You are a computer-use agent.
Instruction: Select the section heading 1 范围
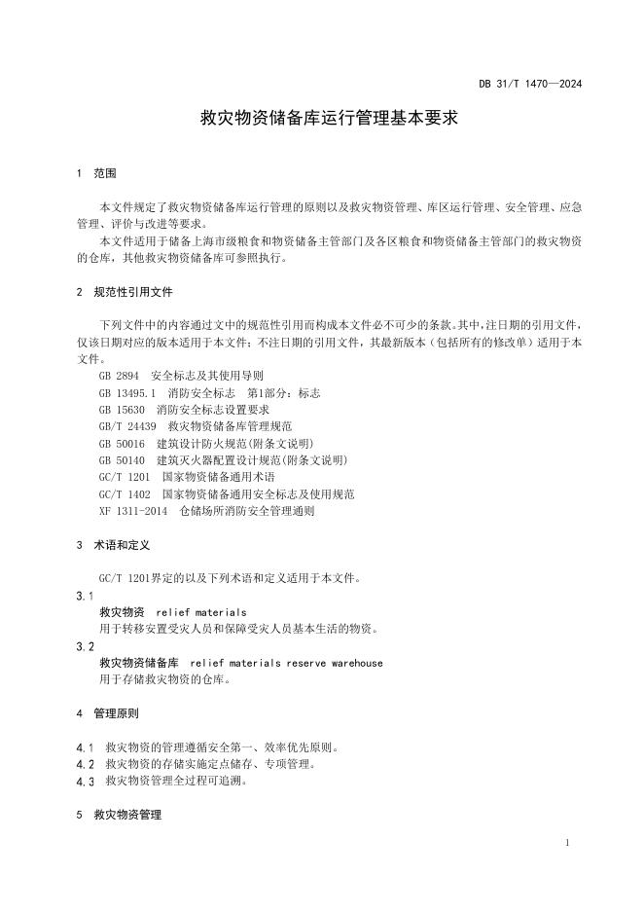(96, 173)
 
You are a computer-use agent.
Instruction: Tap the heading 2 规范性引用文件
(124, 292)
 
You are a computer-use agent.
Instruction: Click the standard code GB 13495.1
(127, 392)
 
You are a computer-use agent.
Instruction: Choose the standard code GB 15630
(120, 410)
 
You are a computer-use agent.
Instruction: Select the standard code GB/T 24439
(126, 426)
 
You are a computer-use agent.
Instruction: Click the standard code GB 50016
(121, 444)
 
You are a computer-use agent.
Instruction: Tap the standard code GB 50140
(121, 460)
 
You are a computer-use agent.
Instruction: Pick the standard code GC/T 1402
(124, 494)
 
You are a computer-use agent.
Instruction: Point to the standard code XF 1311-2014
(133, 511)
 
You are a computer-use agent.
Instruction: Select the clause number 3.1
(86, 596)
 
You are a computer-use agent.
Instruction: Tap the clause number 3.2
(86, 646)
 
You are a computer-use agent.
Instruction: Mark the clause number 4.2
(86, 764)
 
